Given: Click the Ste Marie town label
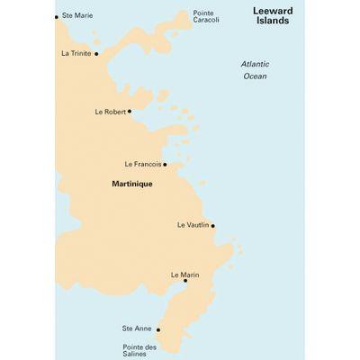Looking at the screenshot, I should pyautogui.click(x=76, y=16).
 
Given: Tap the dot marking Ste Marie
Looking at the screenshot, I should pyautogui.click(x=57, y=16).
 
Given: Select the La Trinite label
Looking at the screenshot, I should pyautogui.click(x=76, y=53).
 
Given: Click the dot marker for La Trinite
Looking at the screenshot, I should pyautogui.click(x=96, y=54).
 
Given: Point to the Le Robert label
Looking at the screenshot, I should pyautogui.click(x=110, y=112).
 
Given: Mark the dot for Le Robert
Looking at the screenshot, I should pyautogui.click(x=130, y=112).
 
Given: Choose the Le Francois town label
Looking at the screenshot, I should pyautogui.click(x=142, y=165).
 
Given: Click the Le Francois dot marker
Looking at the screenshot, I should pyautogui.click(x=165, y=165).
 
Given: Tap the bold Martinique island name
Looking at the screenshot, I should pyautogui.click(x=131, y=184).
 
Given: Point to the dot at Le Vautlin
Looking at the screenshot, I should pyautogui.click(x=212, y=226).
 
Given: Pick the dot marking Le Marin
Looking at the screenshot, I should pyautogui.click(x=185, y=281).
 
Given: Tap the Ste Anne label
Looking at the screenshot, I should pyautogui.click(x=138, y=329).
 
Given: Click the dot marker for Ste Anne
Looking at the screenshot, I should pyautogui.click(x=158, y=330).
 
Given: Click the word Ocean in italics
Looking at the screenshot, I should pyautogui.click(x=256, y=76).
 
